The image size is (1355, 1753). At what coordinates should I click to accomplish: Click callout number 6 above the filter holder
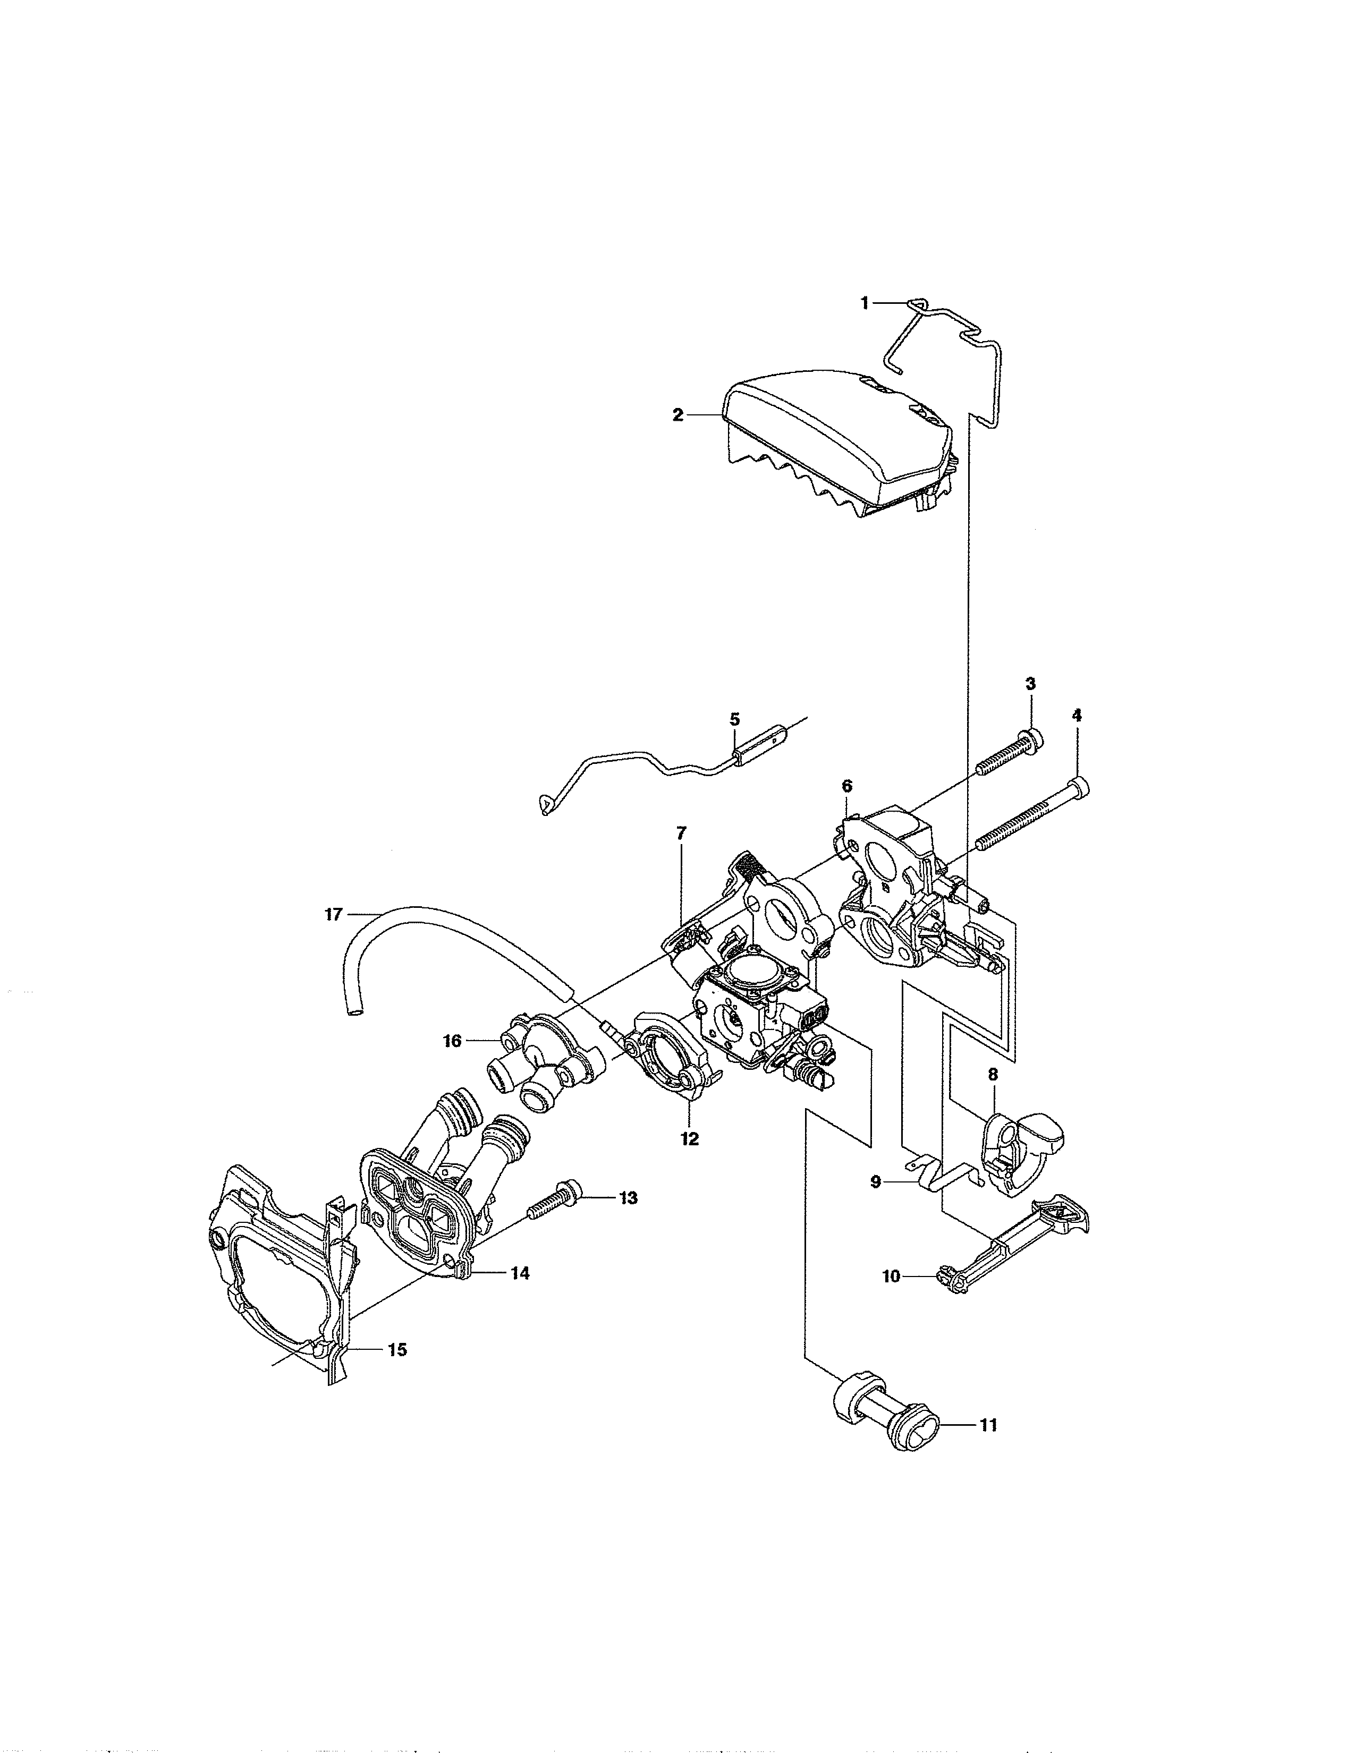coord(847,785)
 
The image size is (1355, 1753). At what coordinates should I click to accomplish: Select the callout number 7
coord(682,833)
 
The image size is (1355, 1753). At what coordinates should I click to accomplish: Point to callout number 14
coord(520,1273)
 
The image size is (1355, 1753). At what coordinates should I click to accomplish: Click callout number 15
coord(396,1349)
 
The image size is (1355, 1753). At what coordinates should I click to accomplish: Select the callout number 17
coord(333,914)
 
